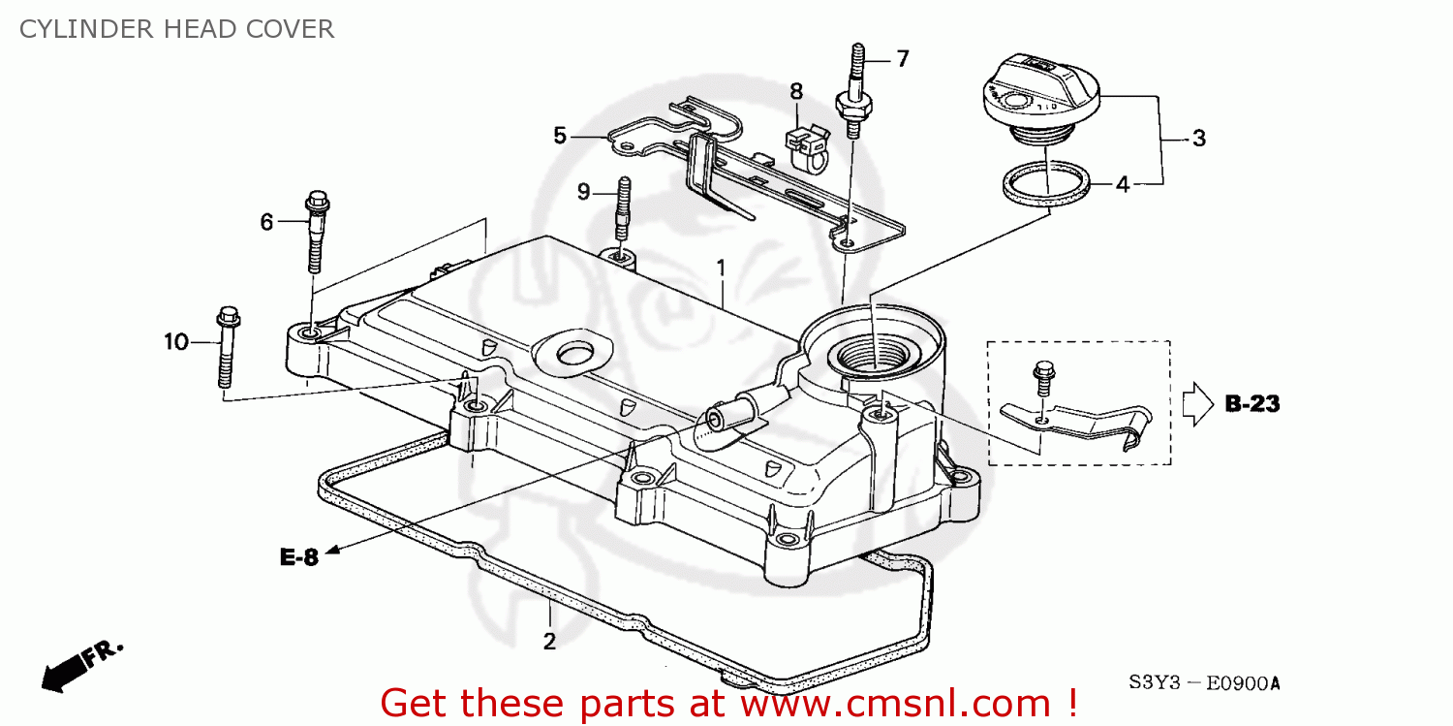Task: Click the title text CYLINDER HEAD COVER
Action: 177,29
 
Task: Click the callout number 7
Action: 902,59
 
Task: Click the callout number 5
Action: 559,136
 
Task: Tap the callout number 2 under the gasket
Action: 549,641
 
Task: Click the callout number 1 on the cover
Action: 720,266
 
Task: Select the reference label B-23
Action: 1252,404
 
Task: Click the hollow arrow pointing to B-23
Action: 1195,403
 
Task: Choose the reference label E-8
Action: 299,557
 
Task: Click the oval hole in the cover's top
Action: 573,353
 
